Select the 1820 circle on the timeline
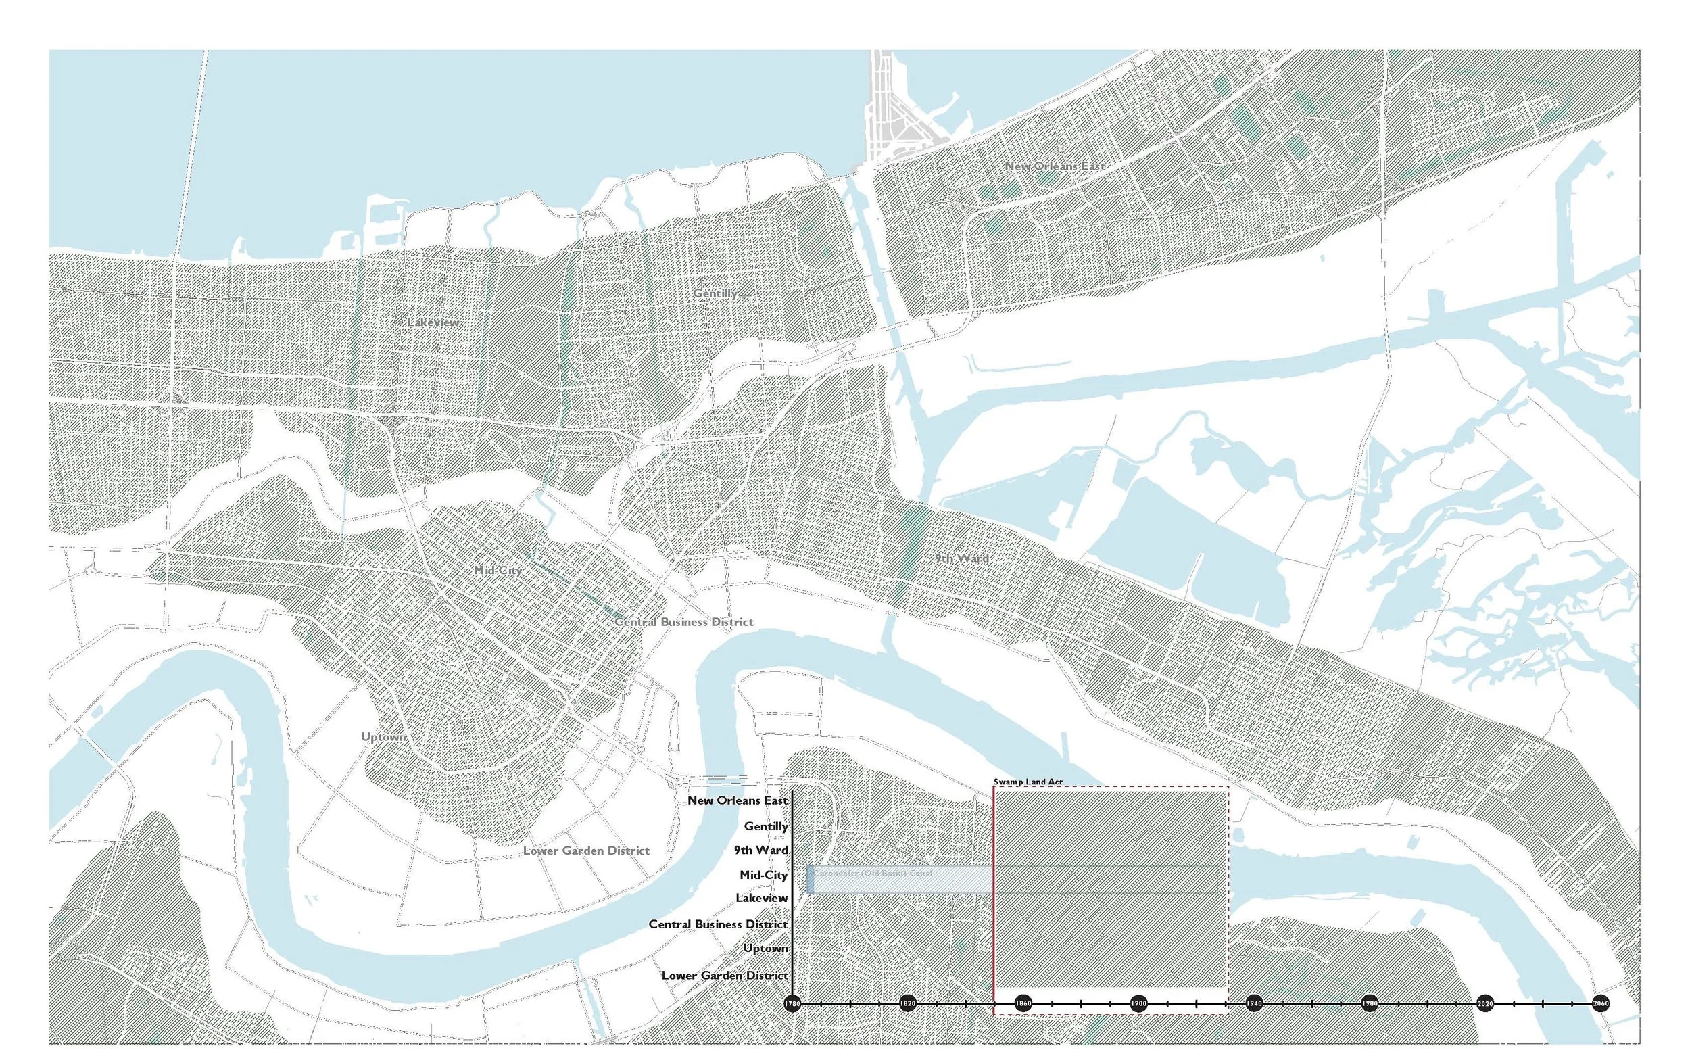908,1004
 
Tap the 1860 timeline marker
1023,1004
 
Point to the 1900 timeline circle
1138,1004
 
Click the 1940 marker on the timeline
1254,1004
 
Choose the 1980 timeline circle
1370,1004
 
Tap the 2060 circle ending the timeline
1600,1004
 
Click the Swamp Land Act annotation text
1028,782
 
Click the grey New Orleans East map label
1055,166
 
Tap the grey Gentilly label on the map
715,293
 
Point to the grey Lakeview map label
433,322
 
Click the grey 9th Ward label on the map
961,558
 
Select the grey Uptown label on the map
383,737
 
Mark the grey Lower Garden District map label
585,851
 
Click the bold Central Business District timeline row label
718,924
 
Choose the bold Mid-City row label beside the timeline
763,875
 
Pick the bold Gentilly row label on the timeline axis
766,826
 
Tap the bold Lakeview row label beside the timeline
762,899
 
